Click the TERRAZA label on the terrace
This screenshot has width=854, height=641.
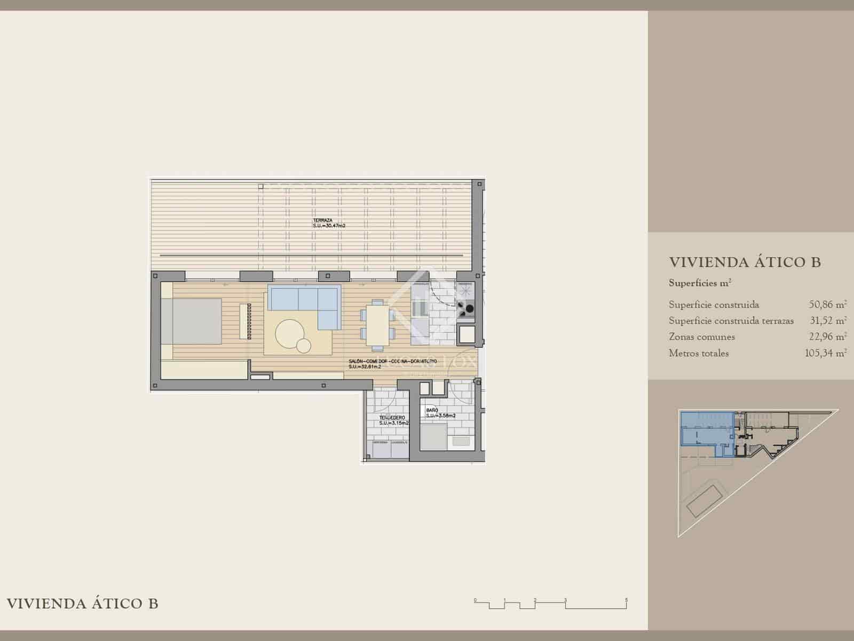323,221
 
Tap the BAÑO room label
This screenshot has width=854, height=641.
432,410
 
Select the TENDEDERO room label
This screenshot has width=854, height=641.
392,417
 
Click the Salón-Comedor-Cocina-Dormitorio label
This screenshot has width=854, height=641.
392,362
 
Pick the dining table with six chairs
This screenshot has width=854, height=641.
377,323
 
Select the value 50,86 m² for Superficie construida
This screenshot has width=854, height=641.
827,305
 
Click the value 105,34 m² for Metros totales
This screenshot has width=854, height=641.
825,353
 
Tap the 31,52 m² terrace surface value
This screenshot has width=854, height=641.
827,321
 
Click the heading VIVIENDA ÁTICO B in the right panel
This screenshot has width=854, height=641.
745,262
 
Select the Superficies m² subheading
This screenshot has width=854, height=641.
700,283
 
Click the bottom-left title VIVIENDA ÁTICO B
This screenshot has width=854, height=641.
82,604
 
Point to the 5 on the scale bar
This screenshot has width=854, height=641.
627,600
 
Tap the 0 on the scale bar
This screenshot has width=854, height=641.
475,600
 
